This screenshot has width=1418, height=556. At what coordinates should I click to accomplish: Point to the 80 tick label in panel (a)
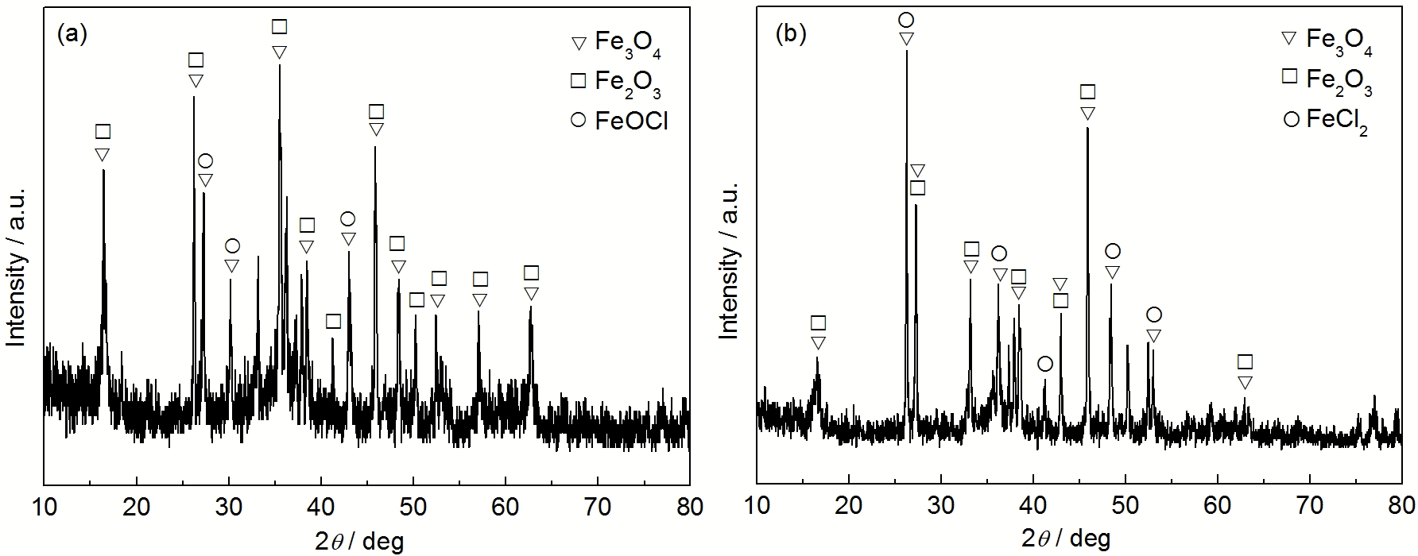pyautogui.click(x=689, y=506)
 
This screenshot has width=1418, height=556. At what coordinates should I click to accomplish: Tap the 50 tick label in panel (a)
pyautogui.click(x=413, y=506)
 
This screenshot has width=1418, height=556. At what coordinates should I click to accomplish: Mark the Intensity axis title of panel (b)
pyautogui.click(x=728, y=262)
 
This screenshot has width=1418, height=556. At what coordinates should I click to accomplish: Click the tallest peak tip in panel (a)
pyautogui.click(x=279, y=66)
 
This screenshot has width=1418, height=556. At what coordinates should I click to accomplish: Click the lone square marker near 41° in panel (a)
pyautogui.click(x=334, y=321)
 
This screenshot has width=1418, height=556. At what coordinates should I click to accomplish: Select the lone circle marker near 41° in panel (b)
pyautogui.click(x=1045, y=364)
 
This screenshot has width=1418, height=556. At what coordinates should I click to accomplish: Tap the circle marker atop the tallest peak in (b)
pyautogui.click(x=906, y=20)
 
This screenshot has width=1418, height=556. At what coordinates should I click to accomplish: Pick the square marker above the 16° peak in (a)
pyautogui.click(x=103, y=132)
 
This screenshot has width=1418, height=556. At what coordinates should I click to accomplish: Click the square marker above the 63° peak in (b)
pyautogui.click(x=1246, y=362)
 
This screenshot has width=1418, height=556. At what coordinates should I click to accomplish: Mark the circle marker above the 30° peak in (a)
pyautogui.click(x=232, y=246)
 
